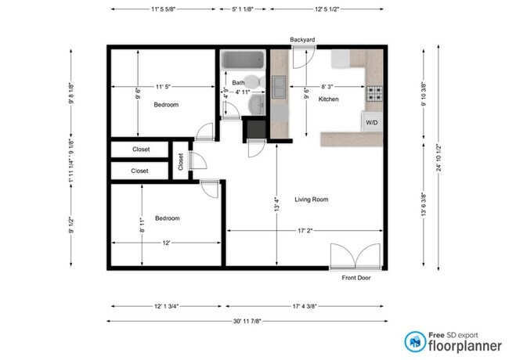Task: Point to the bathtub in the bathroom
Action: click(244, 61)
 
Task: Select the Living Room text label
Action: click(311, 200)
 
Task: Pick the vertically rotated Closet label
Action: click(181, 161)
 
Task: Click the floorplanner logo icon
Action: click(416, 341)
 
